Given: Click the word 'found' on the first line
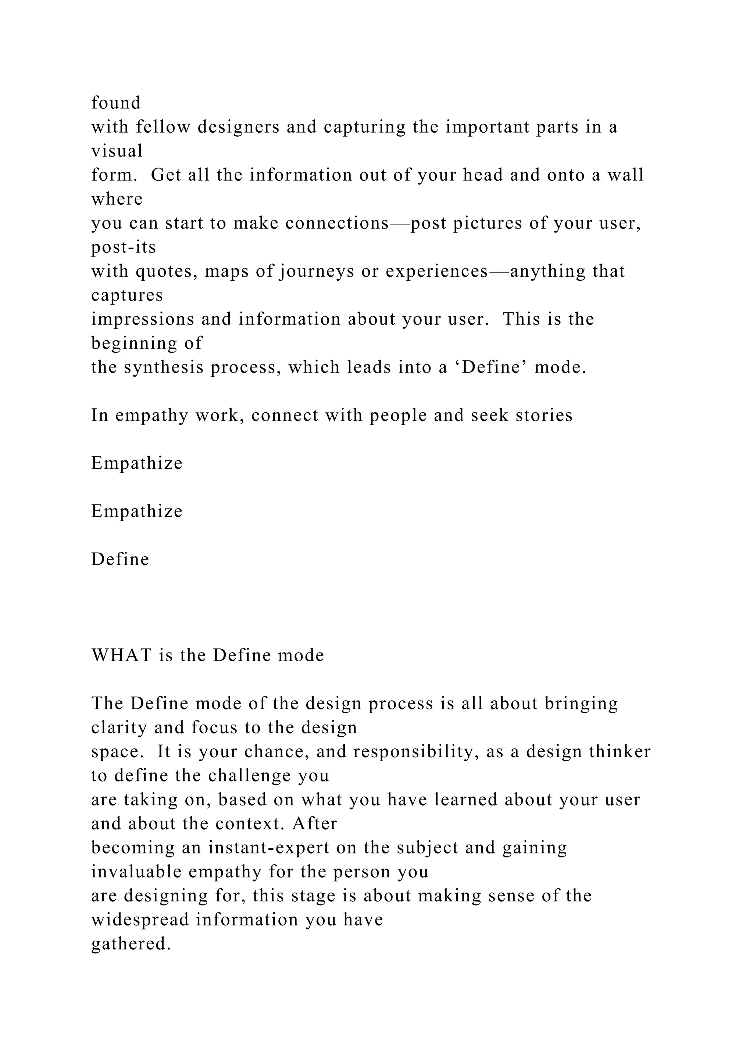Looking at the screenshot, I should [x=115, y=103].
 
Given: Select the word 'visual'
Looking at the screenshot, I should [x=117, y=151].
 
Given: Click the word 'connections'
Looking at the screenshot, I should [x=337, y=223].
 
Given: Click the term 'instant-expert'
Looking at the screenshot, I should [x=268, y=848].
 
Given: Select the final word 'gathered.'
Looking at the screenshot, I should [x=131, y=944].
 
